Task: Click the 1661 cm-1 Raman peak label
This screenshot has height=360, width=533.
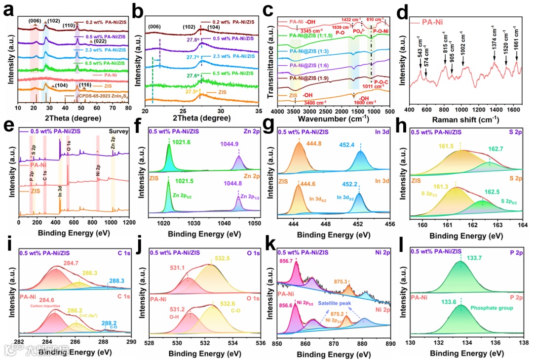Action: pyautogui.click(x=517, y=49)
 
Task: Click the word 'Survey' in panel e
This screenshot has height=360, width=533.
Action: pyautogui.click(x=117, y=132)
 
